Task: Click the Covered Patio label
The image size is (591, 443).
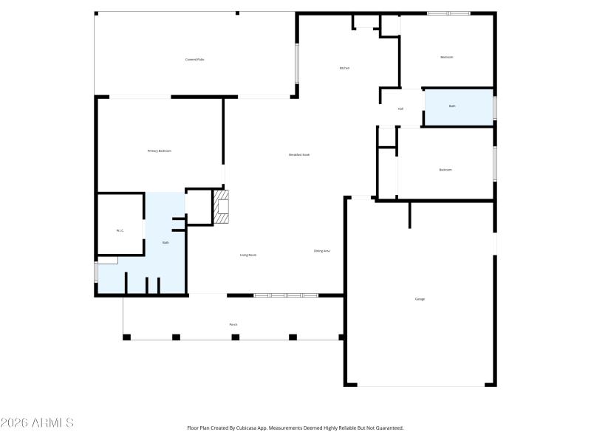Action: point(195,59)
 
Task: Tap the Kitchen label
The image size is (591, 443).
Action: point(344,68)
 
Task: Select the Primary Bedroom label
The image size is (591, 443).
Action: point(160,151)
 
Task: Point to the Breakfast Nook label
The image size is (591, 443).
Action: point(299,154)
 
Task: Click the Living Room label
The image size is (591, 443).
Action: point(247,255)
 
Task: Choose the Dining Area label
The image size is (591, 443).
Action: point(321,251)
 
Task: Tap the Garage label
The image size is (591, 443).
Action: point(420,299)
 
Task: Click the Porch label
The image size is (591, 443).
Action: point(233,324)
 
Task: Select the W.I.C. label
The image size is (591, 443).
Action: point(120,230)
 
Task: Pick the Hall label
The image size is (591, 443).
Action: point(400,109)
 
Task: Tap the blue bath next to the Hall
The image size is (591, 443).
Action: point(458,107)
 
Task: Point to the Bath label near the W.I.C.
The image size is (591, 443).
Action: point(165,242)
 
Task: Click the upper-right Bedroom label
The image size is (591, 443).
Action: point(446,57)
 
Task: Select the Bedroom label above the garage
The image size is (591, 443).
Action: point(445,170)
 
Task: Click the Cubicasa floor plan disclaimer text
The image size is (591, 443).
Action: point(295,427)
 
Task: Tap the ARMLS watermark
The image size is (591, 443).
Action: point(37,423)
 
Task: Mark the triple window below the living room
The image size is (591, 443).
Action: point(286,295)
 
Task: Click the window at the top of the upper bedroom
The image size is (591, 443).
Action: point(448,13)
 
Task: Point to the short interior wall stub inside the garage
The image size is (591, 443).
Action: point(409,215)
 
